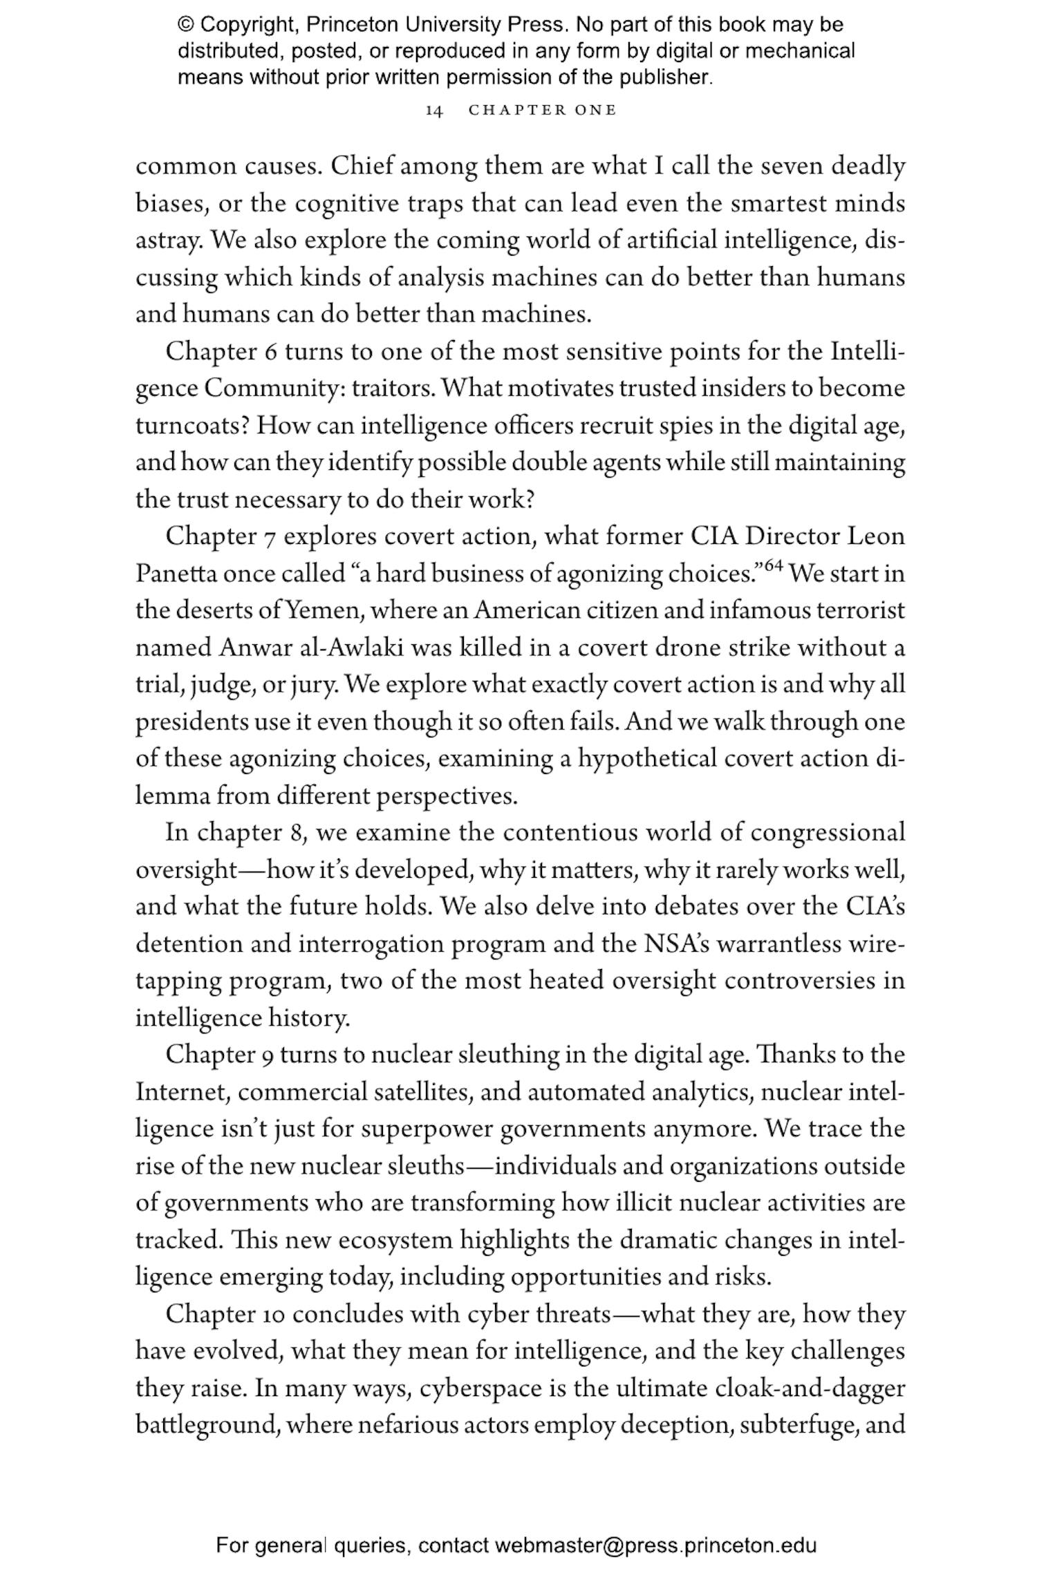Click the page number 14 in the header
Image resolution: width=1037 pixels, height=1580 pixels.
click(x=433, y=111)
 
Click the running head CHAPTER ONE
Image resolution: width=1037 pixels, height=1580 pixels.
click(x=542, y=111)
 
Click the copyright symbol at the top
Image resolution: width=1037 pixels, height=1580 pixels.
click(x=185, y=26)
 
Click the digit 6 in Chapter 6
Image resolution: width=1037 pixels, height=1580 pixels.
click(x=270, y=352)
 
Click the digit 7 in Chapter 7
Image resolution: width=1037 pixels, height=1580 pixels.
click(x=270, y=537)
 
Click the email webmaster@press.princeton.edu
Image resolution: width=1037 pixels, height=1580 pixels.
click(x=655, y=1545)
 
